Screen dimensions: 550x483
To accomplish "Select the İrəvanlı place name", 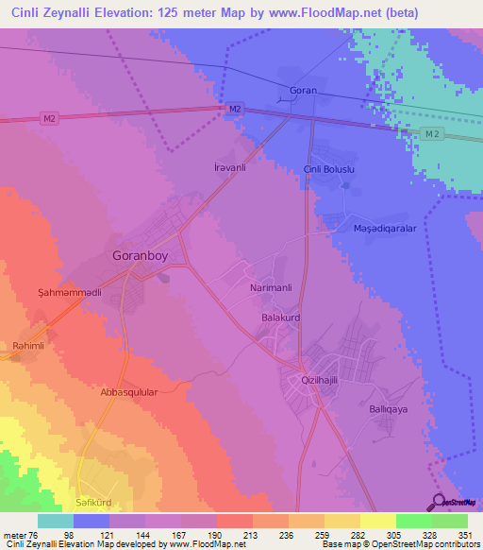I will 225,166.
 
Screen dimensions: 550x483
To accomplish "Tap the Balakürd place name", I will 280,319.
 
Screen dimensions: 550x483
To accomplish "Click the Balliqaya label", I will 387,411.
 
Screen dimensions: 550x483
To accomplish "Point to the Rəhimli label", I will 28,346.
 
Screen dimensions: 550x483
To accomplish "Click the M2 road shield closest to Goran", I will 236,110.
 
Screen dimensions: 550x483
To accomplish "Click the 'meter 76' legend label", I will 22,535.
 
